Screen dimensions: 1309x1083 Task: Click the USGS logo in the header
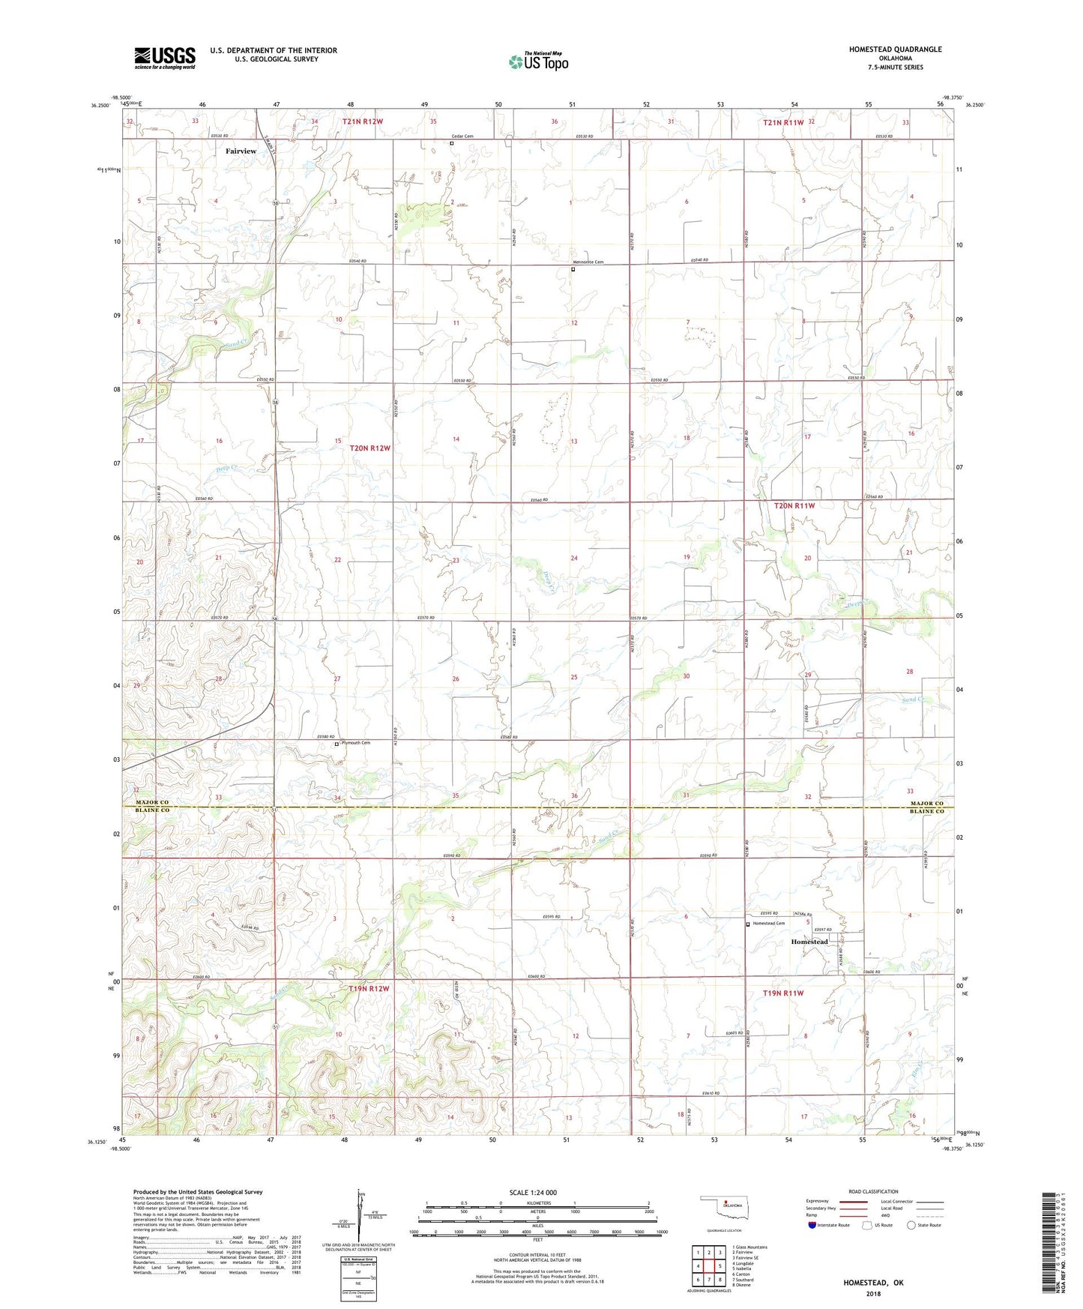[165, 57]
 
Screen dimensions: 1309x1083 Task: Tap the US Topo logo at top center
[538, 61]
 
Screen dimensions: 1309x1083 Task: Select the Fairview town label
[241, 151]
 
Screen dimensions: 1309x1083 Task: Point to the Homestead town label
[809, 942]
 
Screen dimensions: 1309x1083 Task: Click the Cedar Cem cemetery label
[462, 136]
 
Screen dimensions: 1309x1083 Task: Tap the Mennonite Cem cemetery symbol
[573, 269]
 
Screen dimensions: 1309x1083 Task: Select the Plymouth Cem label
[355, 743]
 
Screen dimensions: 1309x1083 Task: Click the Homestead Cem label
[769, 924]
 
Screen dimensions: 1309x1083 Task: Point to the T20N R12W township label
[370, 448]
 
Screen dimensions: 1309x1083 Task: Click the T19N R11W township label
[783, 993]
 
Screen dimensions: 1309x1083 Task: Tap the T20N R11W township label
[794, 506]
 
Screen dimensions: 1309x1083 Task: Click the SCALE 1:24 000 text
[533, 1193]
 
